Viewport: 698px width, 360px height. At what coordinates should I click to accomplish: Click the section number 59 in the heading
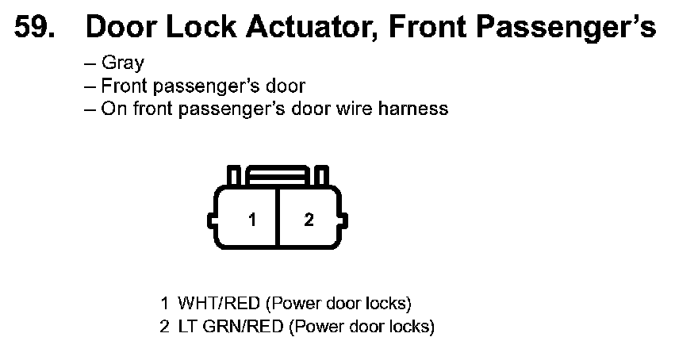click(x=36, y=28)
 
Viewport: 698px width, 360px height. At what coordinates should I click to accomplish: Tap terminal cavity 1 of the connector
click(x=252, y=219)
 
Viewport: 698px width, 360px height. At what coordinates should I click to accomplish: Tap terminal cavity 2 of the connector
click(x=309, y=219)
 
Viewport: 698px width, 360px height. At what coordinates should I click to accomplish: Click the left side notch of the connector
click(x=210, y=217)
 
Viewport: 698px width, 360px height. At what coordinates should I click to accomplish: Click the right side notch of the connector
click(x=344, y=217)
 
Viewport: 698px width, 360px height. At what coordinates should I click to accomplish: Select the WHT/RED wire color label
click(x=219, y=304)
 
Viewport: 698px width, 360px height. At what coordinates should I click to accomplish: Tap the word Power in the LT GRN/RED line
click(x=316, y=326)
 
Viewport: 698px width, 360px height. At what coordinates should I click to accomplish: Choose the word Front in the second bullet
click(x=122, y=86)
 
